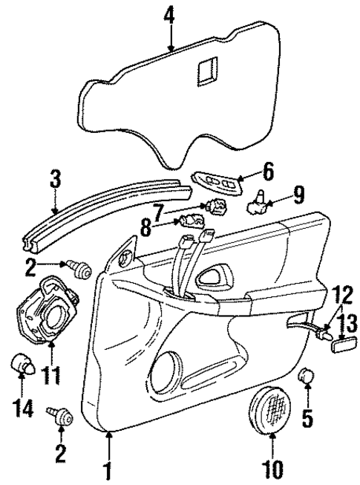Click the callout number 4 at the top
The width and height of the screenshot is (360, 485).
[171, 15]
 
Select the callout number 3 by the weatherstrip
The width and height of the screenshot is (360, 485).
[55, 181]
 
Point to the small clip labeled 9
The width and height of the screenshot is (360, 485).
[261, 197]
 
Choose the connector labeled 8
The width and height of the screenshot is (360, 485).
[194, 221]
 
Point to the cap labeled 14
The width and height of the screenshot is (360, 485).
[22, 366]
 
